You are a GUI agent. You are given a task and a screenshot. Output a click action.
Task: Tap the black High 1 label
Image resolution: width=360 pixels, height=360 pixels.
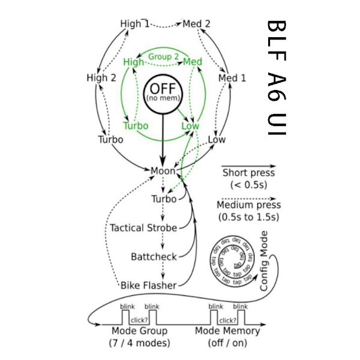point(134,24)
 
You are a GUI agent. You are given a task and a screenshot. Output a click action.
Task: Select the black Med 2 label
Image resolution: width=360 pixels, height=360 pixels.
point(197,24)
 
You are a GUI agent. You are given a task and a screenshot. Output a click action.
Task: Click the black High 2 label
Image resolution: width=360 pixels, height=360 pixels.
point(101,77)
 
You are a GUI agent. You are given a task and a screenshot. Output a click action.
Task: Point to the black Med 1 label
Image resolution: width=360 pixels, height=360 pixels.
point(232,78)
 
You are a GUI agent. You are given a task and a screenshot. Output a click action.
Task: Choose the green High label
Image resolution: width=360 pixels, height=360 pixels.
point(134,62)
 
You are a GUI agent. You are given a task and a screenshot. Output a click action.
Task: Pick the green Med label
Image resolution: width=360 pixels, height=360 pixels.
point(192,62)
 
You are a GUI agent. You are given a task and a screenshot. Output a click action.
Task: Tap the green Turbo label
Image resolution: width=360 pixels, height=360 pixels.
point(135,126)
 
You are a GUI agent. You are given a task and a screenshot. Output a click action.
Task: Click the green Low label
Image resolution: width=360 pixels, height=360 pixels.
point(190,126)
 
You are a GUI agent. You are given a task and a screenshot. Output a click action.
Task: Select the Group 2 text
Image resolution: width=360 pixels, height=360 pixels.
point(163,57)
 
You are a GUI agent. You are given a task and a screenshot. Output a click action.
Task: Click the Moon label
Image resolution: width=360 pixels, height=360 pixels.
point(163,171)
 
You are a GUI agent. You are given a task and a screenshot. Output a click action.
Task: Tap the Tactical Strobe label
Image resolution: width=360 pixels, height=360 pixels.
point(143,228)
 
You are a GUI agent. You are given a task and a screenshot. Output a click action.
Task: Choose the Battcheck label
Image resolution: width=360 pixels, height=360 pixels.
point(154,257)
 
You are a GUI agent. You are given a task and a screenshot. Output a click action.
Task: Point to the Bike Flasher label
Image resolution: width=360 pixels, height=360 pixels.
point(149,285)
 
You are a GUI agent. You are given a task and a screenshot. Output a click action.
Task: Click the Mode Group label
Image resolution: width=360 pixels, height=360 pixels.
point(139,331)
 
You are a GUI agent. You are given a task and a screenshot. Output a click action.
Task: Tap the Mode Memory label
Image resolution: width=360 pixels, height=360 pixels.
point(227,331)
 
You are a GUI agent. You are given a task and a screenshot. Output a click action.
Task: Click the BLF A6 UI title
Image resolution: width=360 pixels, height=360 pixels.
point(277,78)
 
